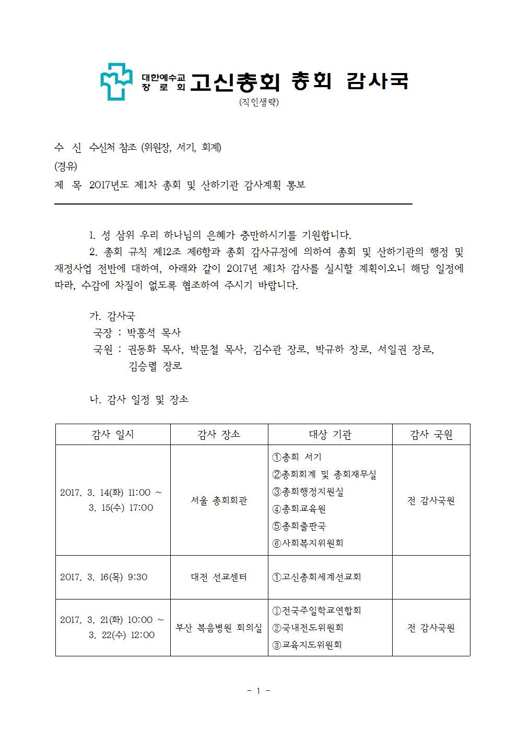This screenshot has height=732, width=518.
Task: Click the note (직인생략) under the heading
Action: point(258,102)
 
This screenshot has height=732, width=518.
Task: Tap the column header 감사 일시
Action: point(113,434)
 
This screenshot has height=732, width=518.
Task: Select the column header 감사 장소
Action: point(219,434)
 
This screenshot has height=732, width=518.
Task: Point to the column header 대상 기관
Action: point(330,434)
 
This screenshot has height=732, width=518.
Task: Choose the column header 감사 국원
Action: point(431,434)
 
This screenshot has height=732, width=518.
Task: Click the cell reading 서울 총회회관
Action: point(219,500)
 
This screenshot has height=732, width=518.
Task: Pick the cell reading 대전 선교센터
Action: point(219,577)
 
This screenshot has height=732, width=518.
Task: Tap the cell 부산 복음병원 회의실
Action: point(219,628)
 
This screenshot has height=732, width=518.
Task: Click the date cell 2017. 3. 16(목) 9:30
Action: point(104,577)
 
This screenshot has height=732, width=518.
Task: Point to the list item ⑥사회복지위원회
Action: point(308,543)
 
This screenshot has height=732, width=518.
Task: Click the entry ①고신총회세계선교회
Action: point(316,577)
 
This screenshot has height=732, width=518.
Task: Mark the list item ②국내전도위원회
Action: point(308,628)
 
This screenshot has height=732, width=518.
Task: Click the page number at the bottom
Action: point(258,691)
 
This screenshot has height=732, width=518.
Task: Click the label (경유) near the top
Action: point(65,166)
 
